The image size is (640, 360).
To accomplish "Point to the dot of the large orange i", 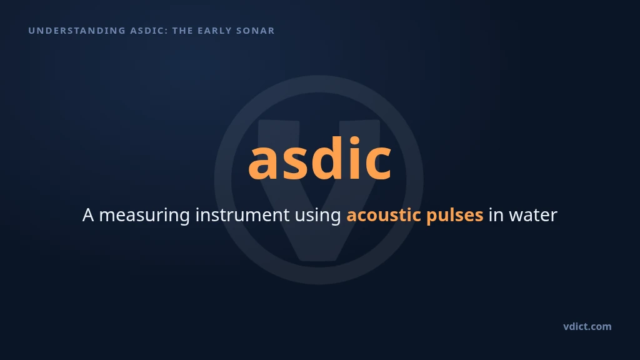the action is click(354, 141).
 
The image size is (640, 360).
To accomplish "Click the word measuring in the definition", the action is click(144, 215).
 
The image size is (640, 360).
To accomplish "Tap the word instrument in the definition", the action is click(242, 214).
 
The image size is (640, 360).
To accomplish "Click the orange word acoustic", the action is click(384, 215).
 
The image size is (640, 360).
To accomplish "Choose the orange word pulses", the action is click(455, 215).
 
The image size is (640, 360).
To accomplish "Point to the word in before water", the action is click(496, 215).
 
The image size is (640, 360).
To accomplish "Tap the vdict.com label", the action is click(587, 326).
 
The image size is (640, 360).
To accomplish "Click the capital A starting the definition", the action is click(88, 215).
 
